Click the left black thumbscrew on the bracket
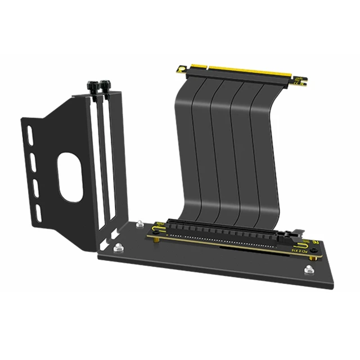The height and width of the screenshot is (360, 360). tap(92, 87)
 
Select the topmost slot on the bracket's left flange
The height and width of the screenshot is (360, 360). tap(29, 135)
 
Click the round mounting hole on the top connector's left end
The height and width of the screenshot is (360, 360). tap(181, 68)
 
